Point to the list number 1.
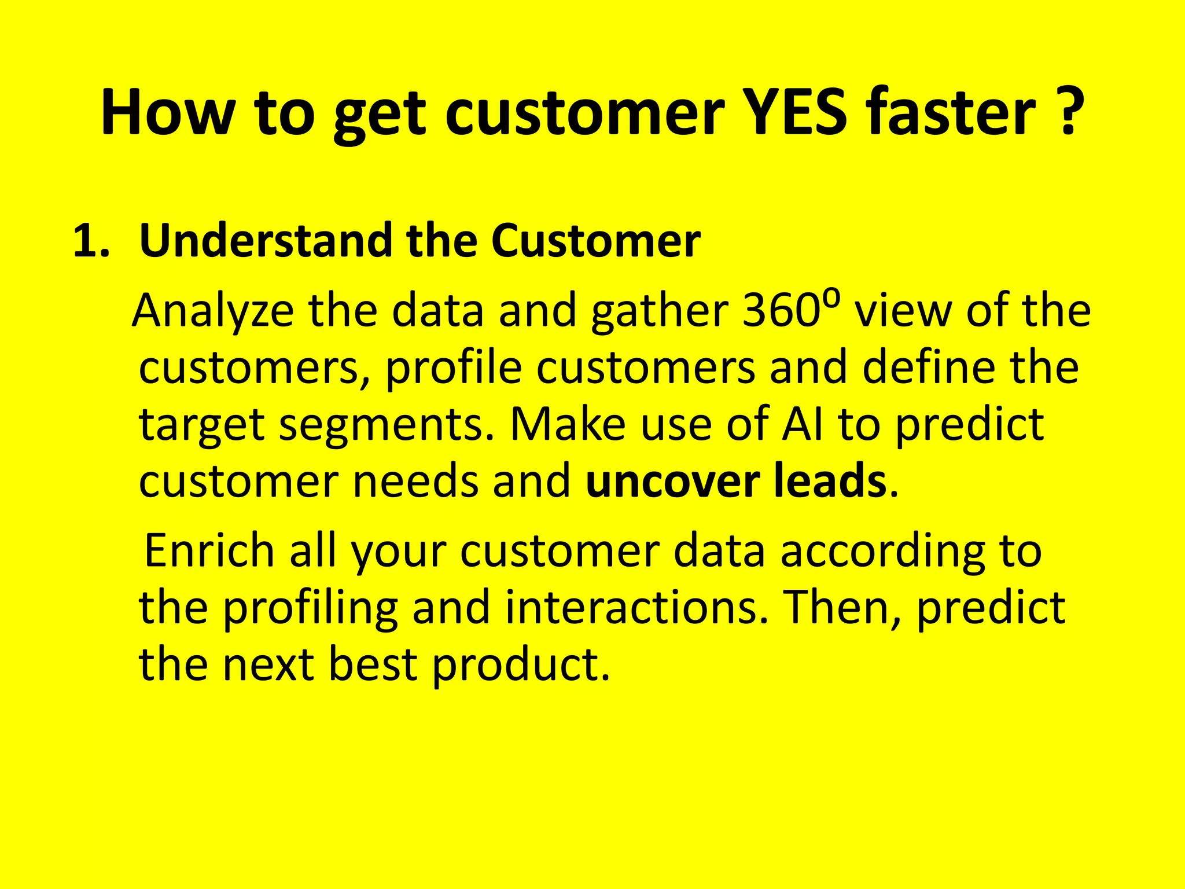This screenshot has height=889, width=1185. [x=90, y=241]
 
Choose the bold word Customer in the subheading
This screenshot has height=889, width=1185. [x=596, y=241]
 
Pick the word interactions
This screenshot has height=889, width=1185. [x=636, y=608]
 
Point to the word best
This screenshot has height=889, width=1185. [x=373, y=664]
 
